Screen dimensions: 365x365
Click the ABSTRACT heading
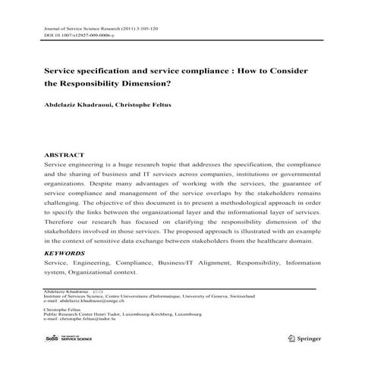tap(64, 154)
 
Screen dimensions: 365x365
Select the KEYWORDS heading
tap(65, 253)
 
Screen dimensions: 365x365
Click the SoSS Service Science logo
tap(72, 336)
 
